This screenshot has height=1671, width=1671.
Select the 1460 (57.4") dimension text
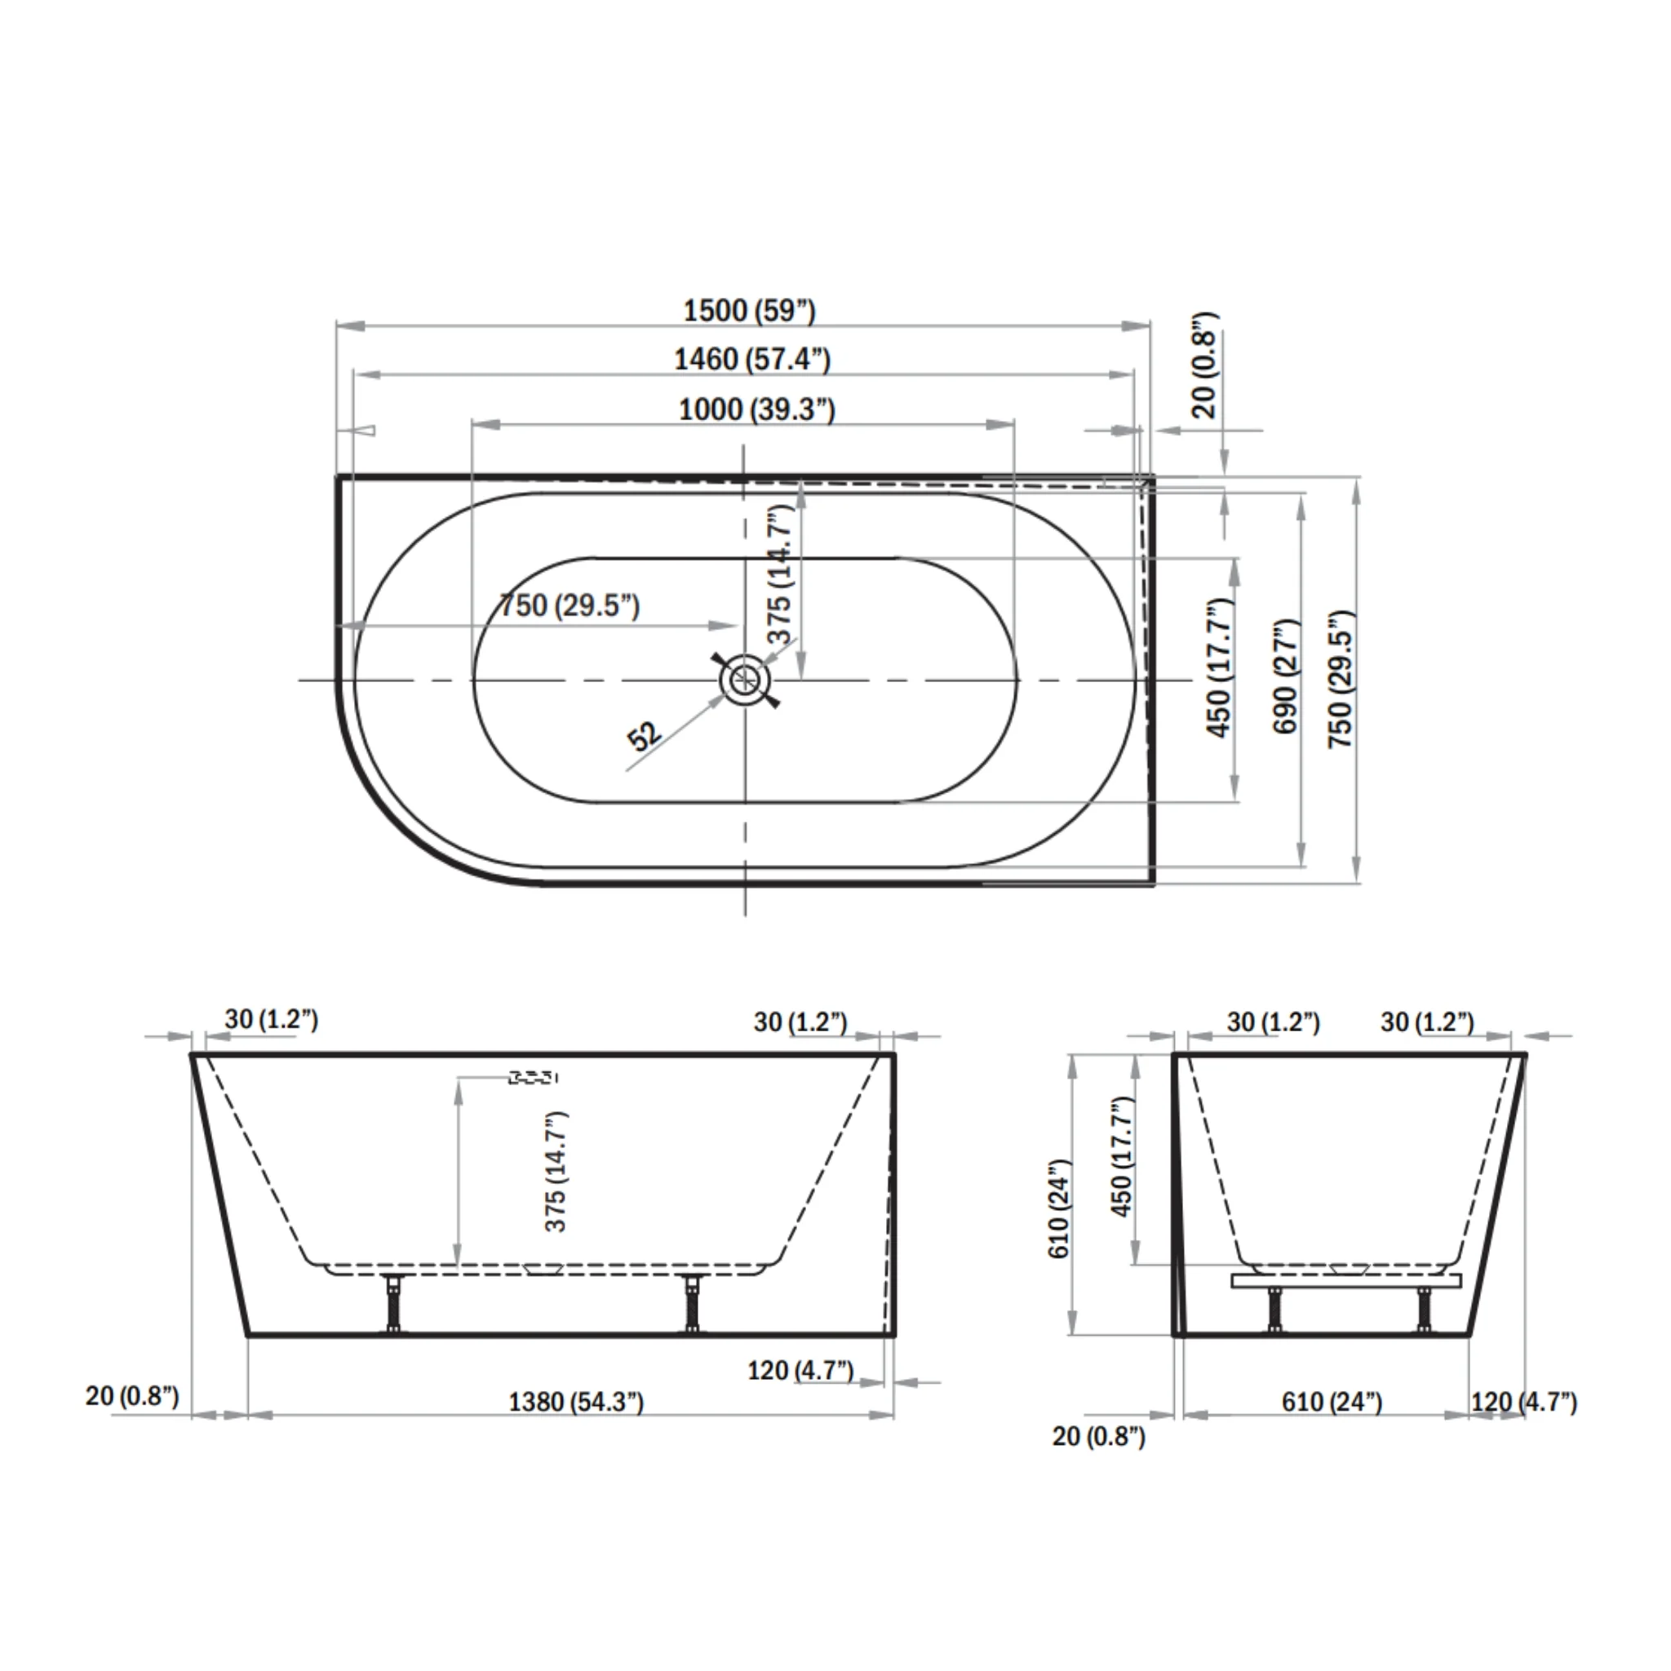click(751, 358)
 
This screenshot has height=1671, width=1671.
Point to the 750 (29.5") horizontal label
click(570, 605)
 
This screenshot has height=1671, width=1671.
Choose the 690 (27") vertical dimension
click(1286, 676)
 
